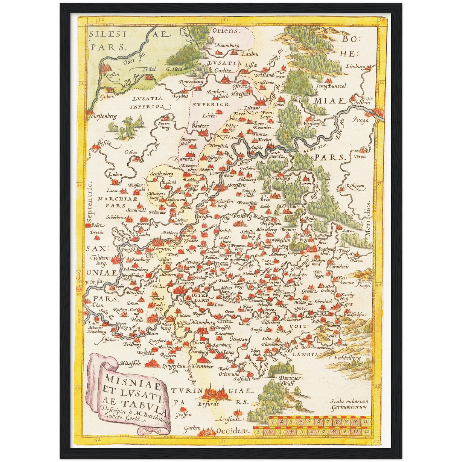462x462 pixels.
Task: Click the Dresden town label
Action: click(x=237, y=185)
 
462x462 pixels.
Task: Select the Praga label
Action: click(x=361, y=120)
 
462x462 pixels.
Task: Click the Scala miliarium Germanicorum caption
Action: click(x=349, y=404)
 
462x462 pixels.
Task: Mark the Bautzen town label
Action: click(x=200, y=126)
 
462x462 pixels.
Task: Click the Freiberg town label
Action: click(x=242, y=217)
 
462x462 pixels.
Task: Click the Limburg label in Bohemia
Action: click(x=355, y=67)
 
